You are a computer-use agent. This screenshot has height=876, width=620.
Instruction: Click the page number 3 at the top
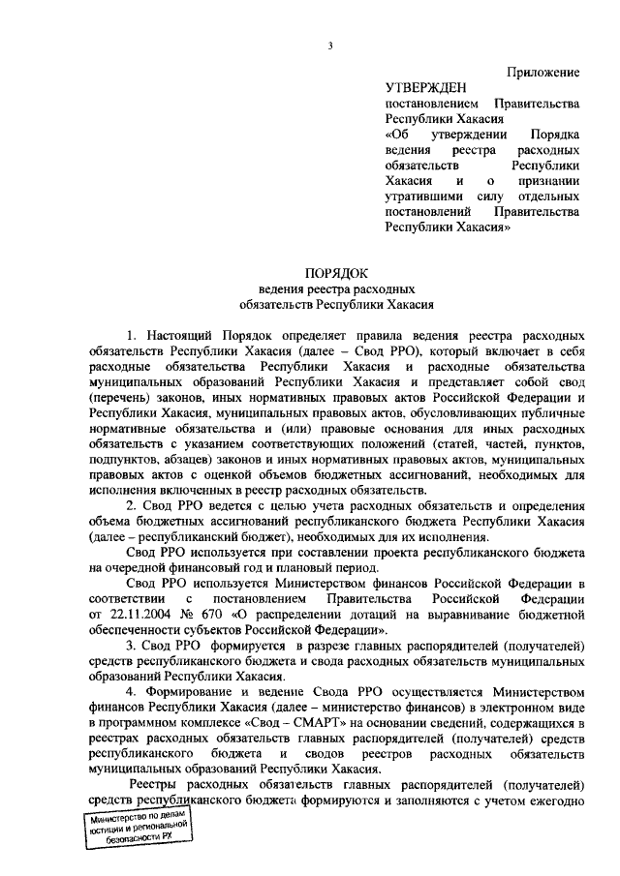pyautogui.click(x=330, y=45)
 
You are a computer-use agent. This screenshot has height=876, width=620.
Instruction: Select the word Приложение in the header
pyautogui.click(x=543, y=72)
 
